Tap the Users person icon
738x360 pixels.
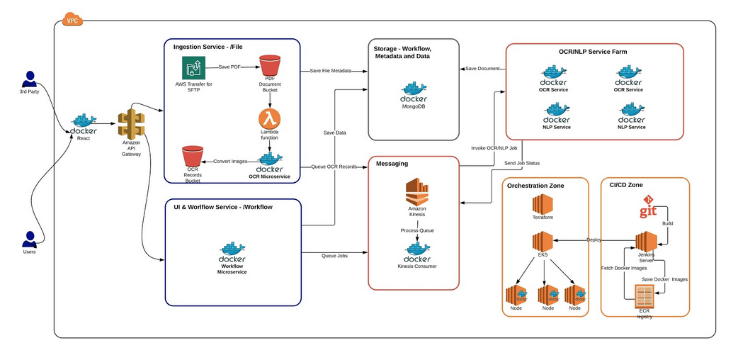29,238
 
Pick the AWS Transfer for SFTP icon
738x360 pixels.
193,68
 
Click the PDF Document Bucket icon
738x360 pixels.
270,67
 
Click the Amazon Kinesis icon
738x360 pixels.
417,193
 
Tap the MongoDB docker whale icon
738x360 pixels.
414,91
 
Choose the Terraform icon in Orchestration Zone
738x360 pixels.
543,206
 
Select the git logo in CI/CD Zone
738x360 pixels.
648,210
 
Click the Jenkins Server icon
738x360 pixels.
646,242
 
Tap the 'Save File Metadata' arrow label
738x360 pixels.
331,71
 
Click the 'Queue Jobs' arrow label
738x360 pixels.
334,255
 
